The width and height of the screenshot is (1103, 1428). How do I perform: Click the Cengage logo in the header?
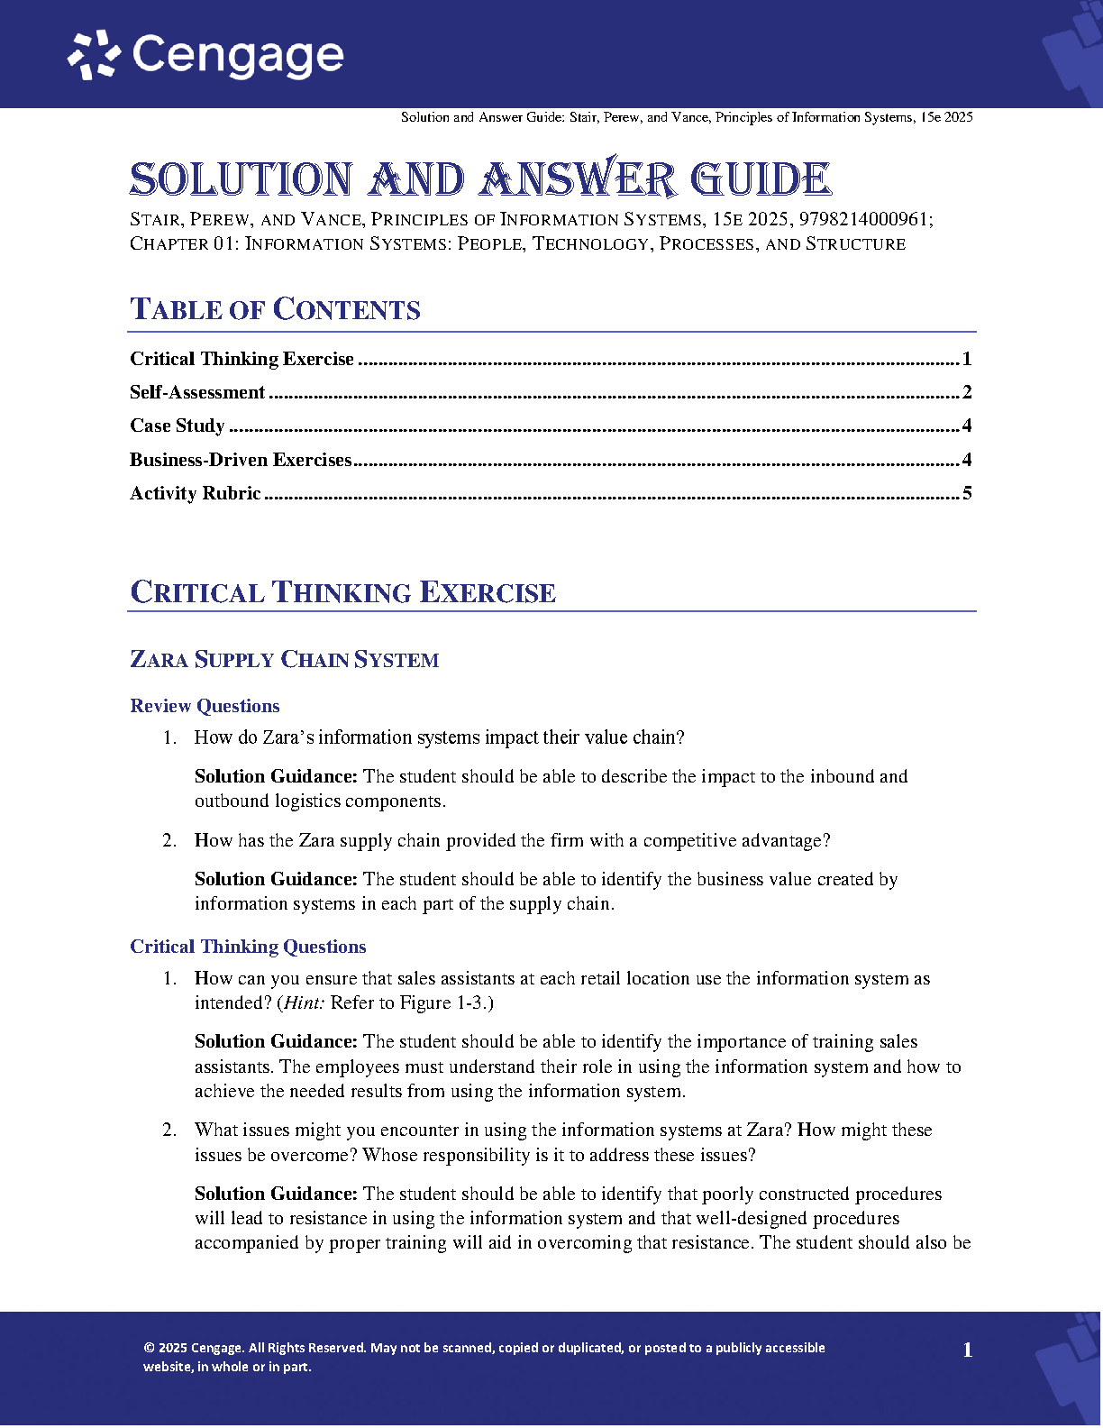[206, 56]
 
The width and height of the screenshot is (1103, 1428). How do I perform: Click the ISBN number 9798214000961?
[864, 219]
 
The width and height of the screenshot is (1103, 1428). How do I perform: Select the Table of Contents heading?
[275, 309]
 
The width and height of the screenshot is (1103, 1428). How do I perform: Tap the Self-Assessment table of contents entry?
[197, 392]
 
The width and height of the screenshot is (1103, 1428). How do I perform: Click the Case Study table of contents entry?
[177, 426]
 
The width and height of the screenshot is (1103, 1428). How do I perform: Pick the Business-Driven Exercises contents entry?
[241, 460]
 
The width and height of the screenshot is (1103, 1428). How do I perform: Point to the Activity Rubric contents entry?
[195, 493]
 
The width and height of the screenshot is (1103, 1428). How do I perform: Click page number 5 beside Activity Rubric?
[967, 493]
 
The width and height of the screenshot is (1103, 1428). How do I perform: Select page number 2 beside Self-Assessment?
[967, 392]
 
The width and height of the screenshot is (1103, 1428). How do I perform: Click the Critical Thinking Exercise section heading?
[342, 592]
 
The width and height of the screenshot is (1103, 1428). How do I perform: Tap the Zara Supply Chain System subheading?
[284, 660]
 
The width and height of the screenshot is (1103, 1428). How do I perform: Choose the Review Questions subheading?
[205, 706]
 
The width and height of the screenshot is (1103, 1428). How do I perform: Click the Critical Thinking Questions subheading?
[248, 947]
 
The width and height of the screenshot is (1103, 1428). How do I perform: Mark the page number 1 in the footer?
[968, 1350]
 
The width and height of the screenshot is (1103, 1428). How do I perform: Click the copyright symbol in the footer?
[149, 1349]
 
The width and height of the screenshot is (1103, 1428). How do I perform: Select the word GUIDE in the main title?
[761, 179]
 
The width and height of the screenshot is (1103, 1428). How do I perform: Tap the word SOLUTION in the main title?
[241, 179]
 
